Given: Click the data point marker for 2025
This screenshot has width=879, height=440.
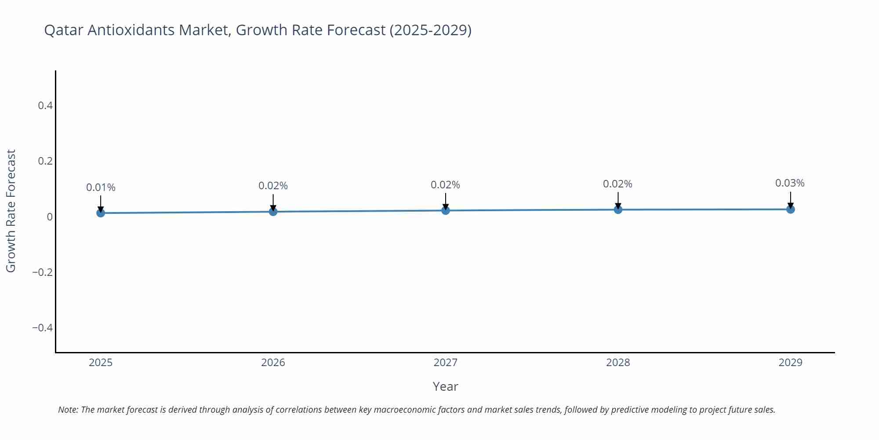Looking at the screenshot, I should tap(101, 213).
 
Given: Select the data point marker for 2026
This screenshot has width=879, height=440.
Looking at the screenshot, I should tap(273, 212).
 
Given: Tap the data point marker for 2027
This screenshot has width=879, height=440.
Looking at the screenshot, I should tap(446, 210).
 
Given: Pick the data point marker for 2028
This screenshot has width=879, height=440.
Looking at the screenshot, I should tap(618, 209).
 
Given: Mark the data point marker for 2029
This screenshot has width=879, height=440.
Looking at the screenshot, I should tap(790, 209).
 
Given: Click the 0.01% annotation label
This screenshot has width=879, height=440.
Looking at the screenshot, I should tap(101, 187).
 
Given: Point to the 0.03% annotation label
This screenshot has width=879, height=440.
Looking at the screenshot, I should tap(790, 183).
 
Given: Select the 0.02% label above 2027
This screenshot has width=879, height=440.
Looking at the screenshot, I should tap(445, 185).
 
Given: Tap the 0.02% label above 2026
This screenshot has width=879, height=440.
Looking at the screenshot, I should tap(273, 186).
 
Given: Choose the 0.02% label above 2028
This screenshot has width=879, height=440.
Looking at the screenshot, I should tap(617, 184).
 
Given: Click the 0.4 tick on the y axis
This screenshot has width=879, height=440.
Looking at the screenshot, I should tap(45, 106).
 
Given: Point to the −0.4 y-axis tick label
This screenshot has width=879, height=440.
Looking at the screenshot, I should tap(42, 328).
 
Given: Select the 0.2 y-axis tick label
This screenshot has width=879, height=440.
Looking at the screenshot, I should tap(45, 161).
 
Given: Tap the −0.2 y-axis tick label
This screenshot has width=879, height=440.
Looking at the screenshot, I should tap(42, 272).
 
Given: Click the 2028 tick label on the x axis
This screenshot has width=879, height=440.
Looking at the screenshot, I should tap(618, 363).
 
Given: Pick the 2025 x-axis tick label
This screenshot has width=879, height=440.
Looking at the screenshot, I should tap(101, 363).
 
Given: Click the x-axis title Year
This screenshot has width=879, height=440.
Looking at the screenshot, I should tap(445, 386).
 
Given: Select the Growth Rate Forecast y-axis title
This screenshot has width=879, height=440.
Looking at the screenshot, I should tap(11, 211).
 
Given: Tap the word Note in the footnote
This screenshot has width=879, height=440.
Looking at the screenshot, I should tap(68, 410).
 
